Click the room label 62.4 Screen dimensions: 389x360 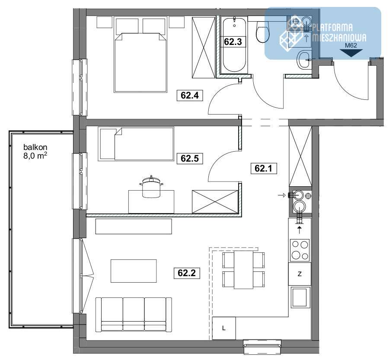[190, 96]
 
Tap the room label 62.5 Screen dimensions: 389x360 [190, 159]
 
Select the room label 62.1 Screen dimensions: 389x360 [264, 169]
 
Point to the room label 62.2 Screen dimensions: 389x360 [187, 273]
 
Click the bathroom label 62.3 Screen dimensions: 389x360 [233, 41]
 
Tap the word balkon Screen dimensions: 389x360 [35, 147]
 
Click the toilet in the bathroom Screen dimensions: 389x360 [262, 32]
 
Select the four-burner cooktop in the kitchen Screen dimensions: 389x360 [300, 250]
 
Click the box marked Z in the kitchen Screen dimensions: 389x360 [300, 274]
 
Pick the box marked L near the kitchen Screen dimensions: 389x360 [224, 328]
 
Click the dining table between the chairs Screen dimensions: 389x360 [244, 270]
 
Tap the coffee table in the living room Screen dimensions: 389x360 [134, 271]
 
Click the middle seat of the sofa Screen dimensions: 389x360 [134, 314]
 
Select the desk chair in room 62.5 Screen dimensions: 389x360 [152, 186]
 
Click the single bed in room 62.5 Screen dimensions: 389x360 [136, 144]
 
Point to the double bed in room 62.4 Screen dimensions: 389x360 [140, 63]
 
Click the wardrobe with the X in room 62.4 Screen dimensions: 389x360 [204, 48]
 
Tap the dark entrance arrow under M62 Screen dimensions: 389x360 [351, 53]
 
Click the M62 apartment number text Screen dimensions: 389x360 [351, 45]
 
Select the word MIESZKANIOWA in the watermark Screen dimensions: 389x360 [339, 38]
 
